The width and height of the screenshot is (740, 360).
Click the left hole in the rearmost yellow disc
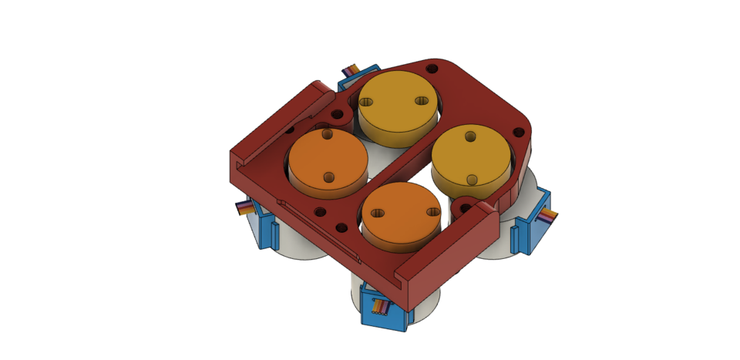(366, 102)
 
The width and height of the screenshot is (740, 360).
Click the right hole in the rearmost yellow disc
(422, 101)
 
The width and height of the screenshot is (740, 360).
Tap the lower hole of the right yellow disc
(473, 179)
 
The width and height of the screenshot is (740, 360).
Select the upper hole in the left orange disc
(327, 134)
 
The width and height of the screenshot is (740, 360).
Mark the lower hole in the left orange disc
(329, 177)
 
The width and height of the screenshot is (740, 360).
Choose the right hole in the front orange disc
(433, 211)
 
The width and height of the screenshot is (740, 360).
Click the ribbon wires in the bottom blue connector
(381, 306)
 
